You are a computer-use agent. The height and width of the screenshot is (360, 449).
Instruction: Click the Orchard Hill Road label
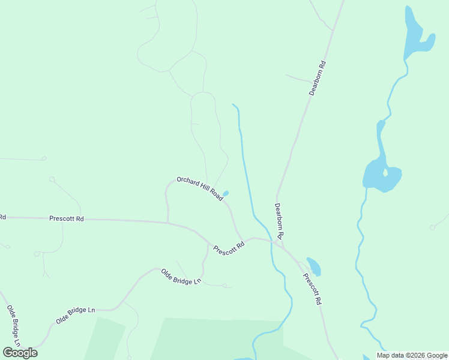click(200, 189)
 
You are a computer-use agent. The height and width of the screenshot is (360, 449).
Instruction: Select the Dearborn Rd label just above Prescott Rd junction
click(279, 221)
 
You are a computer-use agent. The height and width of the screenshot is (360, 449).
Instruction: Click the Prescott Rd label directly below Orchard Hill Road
click(229, 247)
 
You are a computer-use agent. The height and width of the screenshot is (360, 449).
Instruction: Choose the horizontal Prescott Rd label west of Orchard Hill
click(66, 219)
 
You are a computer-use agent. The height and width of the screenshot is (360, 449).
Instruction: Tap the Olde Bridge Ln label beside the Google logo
click(13, 326)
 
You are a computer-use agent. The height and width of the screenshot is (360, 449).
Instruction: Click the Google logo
click(20, 352)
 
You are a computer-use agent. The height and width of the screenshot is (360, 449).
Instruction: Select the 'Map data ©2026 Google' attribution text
click(412, 355)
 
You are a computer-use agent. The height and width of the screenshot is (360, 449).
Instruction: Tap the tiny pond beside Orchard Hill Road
click(226, 193)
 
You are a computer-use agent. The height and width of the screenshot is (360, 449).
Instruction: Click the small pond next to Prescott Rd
click(314, 266)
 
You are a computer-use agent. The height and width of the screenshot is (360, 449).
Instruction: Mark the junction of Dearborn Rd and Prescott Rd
click(283, 246)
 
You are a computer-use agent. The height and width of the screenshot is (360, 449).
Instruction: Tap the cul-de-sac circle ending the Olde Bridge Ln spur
click(224, 286)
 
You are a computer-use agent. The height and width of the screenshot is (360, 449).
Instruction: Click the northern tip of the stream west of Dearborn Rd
click(233, 104)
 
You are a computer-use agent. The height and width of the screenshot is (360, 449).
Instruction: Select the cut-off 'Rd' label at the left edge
click(2, 217)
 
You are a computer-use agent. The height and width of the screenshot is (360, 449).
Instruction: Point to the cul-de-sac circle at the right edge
click(432, 227)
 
